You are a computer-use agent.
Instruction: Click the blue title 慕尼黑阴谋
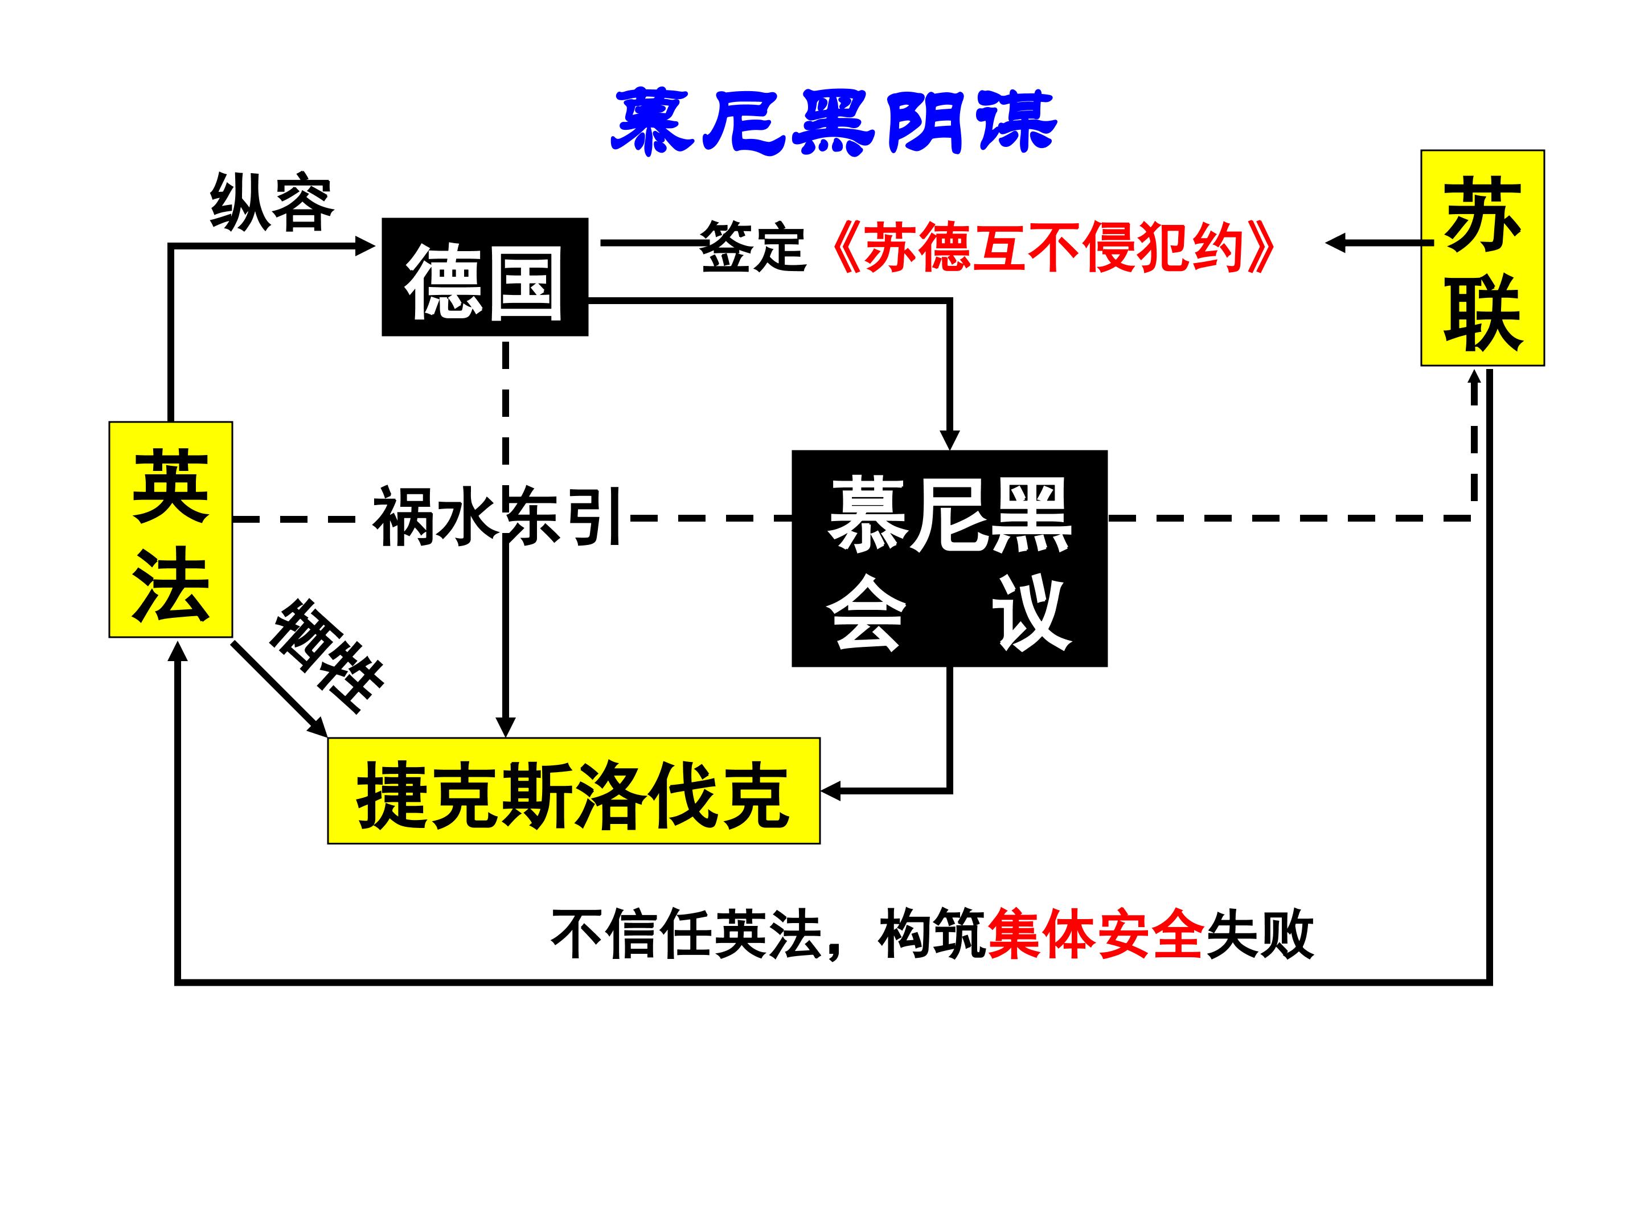coord(834,122)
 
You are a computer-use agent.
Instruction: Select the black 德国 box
coord(485,277)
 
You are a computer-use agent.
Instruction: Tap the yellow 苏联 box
coord(1483,258)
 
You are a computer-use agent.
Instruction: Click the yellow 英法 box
coord(170,530)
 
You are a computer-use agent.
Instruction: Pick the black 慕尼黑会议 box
coord(950,558)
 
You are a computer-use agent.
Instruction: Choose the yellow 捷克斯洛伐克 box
coord(574,790)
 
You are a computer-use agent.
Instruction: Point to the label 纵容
coord(272,203)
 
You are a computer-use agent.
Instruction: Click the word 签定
coord(753,247)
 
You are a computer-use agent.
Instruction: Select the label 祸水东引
coord(497,516)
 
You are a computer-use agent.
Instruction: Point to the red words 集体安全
coord(1095,934)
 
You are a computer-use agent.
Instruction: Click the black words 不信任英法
coord(687,934)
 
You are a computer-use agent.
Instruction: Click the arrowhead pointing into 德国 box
coord(366,245)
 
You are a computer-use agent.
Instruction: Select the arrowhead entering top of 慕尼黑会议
coord(950,439)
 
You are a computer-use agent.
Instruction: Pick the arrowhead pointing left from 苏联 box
coord(1335,243)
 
